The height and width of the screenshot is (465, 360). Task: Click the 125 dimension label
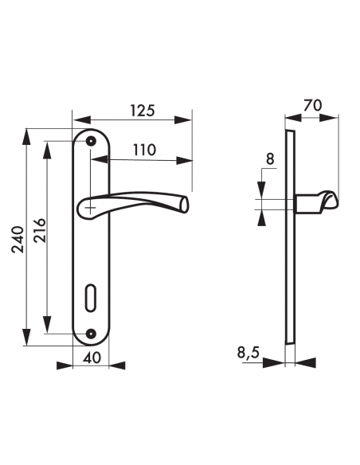[143, 111]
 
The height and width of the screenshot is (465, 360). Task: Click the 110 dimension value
[144, 150]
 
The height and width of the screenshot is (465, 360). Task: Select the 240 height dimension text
[18, 240]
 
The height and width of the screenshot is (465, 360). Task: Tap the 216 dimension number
[40, 231]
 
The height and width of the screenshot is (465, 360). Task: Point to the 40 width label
[92, 358]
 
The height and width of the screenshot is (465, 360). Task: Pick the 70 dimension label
[312, 106]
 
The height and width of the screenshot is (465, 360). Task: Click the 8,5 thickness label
[248, 353]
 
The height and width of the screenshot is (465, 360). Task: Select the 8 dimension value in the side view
[270, 159]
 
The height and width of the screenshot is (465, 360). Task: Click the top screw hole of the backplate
[91, 141]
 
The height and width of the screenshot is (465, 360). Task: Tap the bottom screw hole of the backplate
[91, 334]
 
